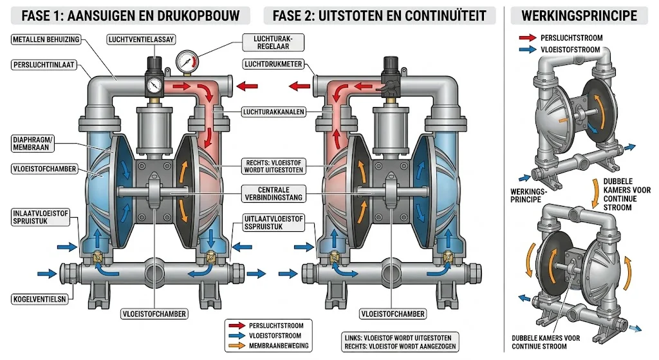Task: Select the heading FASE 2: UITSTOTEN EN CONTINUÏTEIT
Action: [379, 14]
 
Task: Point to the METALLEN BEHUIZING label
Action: [45, 40]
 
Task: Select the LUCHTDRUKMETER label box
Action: [270, 64]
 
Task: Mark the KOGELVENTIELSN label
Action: [40, 299]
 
